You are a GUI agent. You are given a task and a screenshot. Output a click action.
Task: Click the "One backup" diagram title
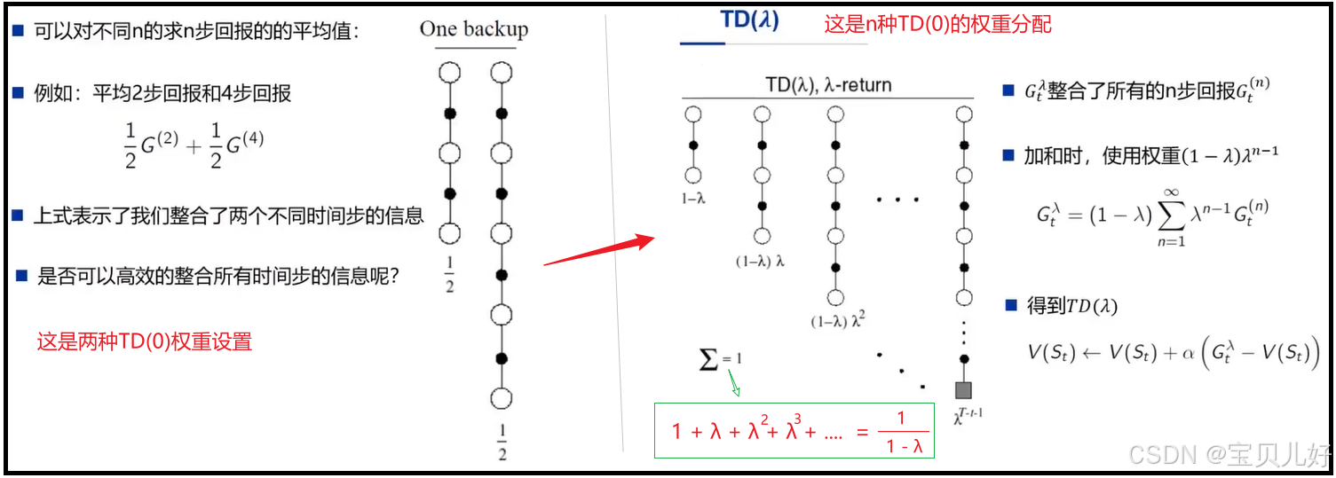(x=473, y=29)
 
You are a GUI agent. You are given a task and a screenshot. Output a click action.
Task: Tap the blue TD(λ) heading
(x=750, y=21)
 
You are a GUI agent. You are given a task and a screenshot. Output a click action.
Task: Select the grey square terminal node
(x=964, y=389)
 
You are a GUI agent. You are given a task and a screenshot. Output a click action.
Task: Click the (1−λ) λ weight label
(x=761, y=261)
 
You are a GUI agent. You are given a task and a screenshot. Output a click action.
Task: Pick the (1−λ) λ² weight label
(x=836, y=322)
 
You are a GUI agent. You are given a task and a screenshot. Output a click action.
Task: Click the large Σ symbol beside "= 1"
(x=708, y=359)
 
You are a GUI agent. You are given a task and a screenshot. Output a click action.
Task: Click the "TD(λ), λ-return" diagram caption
(x=828, y=85)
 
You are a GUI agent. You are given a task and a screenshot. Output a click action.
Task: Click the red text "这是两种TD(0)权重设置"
(x=145, y=341)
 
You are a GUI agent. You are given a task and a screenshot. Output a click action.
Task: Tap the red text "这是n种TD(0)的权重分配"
(x=937, y=24)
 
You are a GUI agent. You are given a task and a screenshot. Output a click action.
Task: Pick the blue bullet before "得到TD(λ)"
(x=1009, y=306)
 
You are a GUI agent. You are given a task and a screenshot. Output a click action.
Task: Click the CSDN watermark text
(x=1229, y=456)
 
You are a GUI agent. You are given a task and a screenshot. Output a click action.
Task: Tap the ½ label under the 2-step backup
(x=449, y=275)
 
